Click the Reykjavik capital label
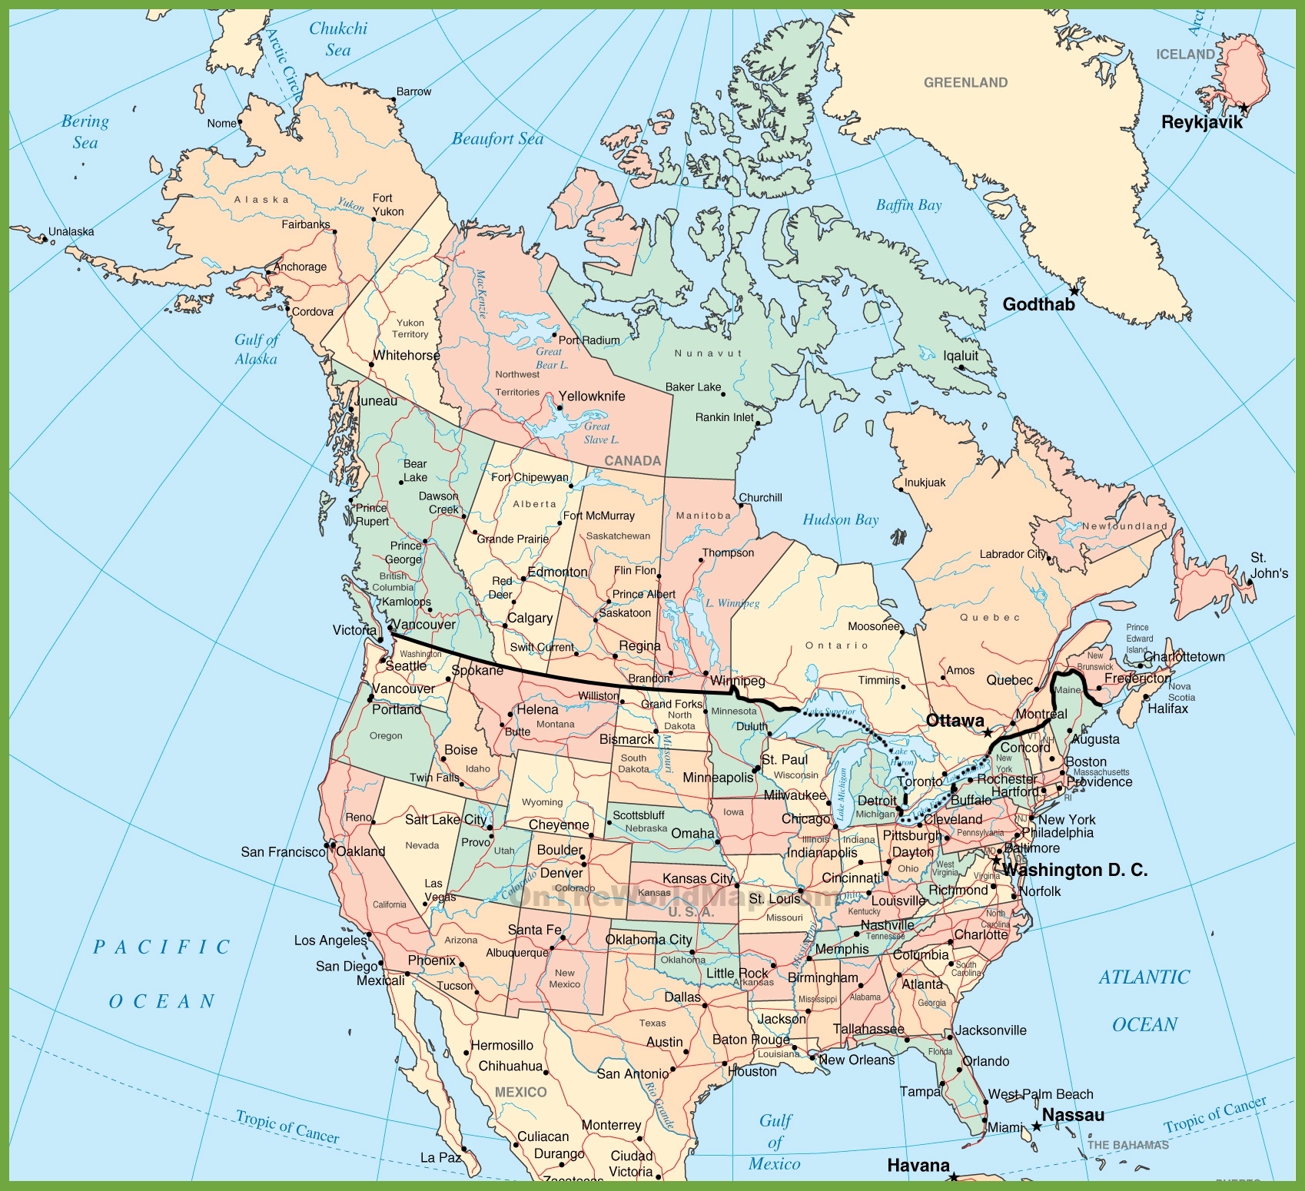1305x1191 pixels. point(1201,122)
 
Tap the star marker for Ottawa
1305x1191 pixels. point(988,733)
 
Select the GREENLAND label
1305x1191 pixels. point(965,82)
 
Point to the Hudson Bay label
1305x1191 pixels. point(840,519)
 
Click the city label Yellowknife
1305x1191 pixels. point(591,396)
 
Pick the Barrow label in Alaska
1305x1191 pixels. point(413,91)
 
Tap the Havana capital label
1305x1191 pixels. point(918,1165)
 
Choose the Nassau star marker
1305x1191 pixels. point(1036,1126)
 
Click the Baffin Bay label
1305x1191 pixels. point(908,205)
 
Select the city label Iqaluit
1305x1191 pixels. point(961,355)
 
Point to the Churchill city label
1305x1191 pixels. point(760,497)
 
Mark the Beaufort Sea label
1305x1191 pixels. point(497,139)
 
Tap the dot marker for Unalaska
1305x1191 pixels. point(45,240)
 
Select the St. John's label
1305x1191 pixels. point(1269,565)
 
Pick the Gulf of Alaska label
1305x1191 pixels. point(257,349)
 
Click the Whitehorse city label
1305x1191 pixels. point(407,355)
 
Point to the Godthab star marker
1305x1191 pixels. point(1074,291)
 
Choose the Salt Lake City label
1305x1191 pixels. point(446,819)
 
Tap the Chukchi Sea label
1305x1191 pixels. point(338,39)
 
